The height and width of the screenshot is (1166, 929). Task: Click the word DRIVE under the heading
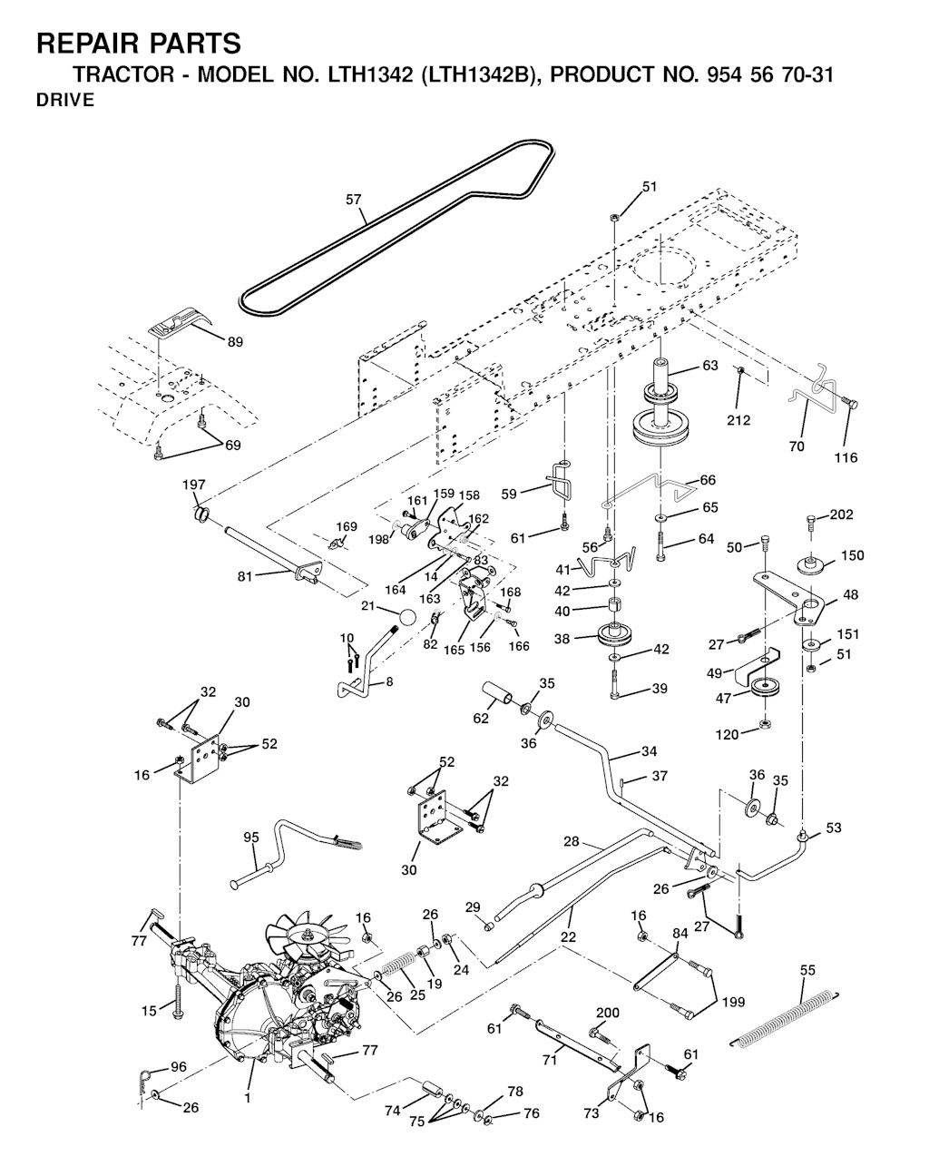pyautogui.click(x=65, y=100)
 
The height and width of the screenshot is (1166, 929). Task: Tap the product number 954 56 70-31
pyautogui.click(x=770, y=74)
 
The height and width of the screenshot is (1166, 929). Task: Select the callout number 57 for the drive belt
pyautogui.click(x=353, y=200)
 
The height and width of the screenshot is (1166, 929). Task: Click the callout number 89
pyautogui.click(x=235, y=342)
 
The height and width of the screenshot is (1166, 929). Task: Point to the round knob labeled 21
pyautogui.click(x=406, y=617)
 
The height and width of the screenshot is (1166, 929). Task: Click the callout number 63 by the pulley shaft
pyautogui.click(x=710, y=365)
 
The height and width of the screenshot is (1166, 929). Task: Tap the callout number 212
pyautogui.click(x=738, y=420)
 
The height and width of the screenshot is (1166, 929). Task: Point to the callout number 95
pyautogui.click(x=251, y=838)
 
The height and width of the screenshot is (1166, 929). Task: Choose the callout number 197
pyautogui.click(x=194, y=485)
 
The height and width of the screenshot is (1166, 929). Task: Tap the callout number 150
pyautogui.click(x=853, y=555)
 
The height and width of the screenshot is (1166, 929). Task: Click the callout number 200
pyautogui.click(x=608, y=1012)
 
